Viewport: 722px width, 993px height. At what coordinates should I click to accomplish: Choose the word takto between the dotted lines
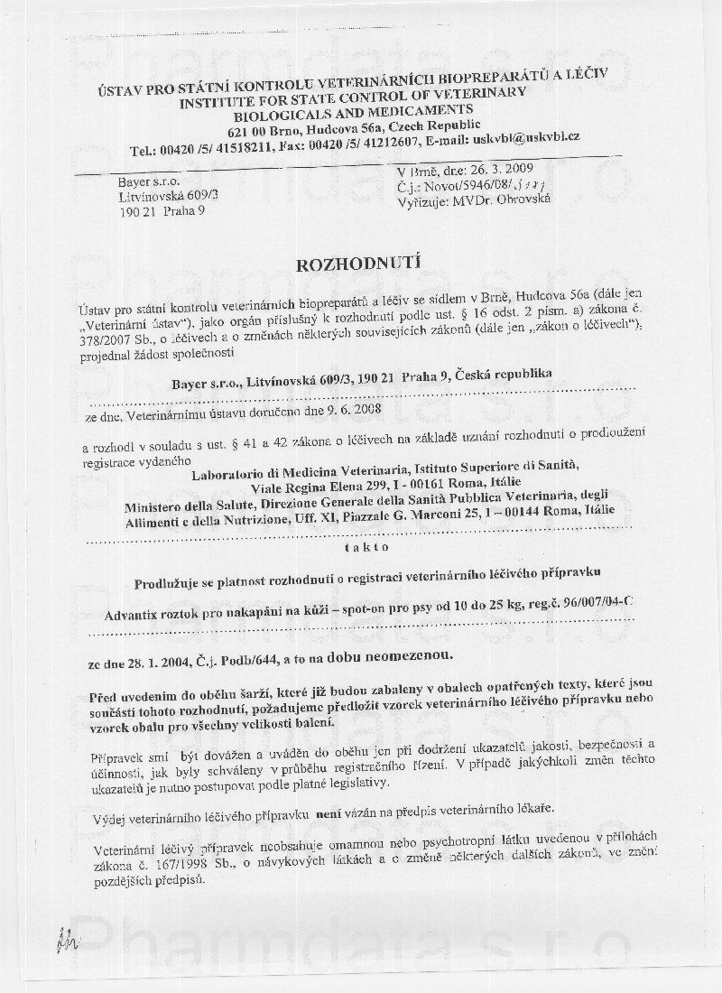click(360, 546)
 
